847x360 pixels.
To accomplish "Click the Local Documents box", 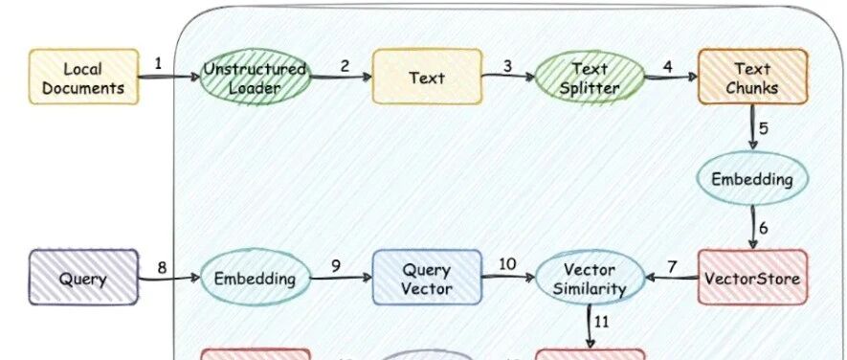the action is (x=83, y=77).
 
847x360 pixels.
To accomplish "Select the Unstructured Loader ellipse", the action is (x=255, y=77).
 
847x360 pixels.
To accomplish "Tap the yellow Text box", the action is (x=427, y=77).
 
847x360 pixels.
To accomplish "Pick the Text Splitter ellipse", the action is (x=590, y=77).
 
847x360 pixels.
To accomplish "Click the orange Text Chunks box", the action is (x=752, y=77).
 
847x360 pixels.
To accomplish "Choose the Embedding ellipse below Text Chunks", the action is (x=752, y=179).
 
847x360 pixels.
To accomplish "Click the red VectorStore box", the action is (x=752, y=278).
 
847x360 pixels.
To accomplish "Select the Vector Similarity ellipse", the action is (x=590, y=278).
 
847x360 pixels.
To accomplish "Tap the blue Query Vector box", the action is (x=427, y=278).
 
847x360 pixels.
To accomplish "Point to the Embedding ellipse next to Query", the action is (x=255, y=278).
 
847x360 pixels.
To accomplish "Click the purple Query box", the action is (x=83, y=278).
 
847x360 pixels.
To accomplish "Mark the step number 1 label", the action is (x=158, y=64).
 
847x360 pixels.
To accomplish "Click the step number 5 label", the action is (x=764, y=128).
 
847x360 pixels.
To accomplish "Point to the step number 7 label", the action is (x=672, y=266).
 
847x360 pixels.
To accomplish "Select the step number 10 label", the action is (x=506, y=265).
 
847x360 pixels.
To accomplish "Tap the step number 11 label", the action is (x=602, y=322).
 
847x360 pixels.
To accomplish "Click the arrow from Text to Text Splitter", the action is (x=508, y=77).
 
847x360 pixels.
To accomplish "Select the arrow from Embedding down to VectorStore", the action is (x=753, y=227).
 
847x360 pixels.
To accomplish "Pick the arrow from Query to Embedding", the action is (x=169, y=278).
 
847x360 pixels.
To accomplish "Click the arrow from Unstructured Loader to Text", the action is (x=342, y=77).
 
